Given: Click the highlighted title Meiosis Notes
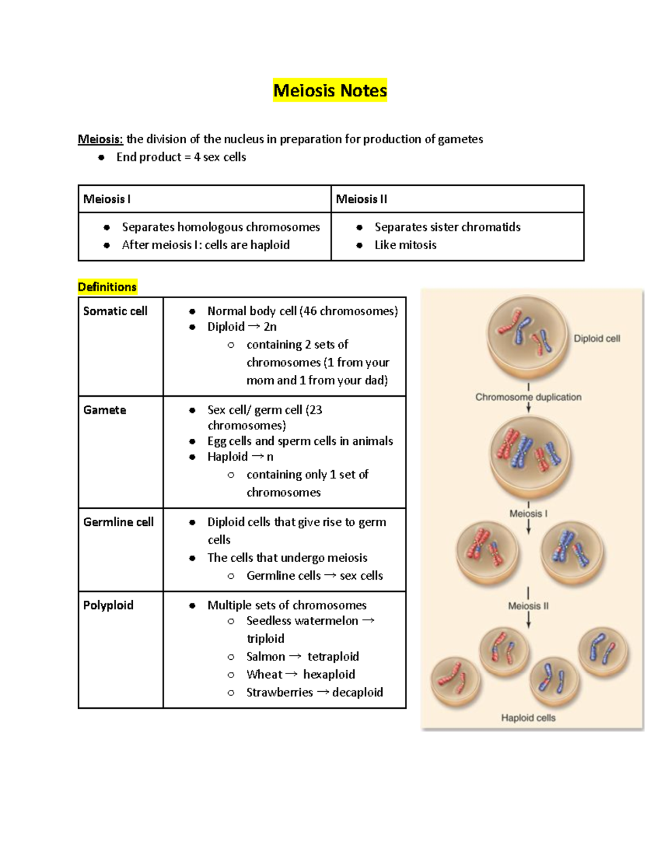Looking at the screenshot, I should coord(330,90).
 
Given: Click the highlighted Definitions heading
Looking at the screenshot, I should coord(107,287).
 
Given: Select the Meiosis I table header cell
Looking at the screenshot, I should coord(107,199).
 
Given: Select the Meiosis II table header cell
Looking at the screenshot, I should coord(361,199).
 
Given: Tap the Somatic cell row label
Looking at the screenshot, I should coord(115,311).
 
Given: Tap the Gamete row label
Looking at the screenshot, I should coord(105,410).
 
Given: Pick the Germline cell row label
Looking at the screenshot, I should coord(118,521).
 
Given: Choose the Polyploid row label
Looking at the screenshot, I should coord(108,605).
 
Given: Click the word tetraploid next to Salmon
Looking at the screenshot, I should coord(333,656).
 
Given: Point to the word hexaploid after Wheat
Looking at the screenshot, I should coord(329,674).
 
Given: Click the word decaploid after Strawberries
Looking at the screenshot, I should coord(357,692).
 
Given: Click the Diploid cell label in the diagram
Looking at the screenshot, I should coord(597,338).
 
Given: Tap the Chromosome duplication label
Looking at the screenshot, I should coord(528,397).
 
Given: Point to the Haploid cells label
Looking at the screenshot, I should coord(528,718).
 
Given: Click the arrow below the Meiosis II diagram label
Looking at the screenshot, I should coord(528,621).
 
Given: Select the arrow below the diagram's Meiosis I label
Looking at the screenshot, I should coord(528,527).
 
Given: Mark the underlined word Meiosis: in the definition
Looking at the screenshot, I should coord(100,139).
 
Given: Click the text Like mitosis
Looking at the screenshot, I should coord(405,245).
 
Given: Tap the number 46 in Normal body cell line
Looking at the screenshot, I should coord(309,311).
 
